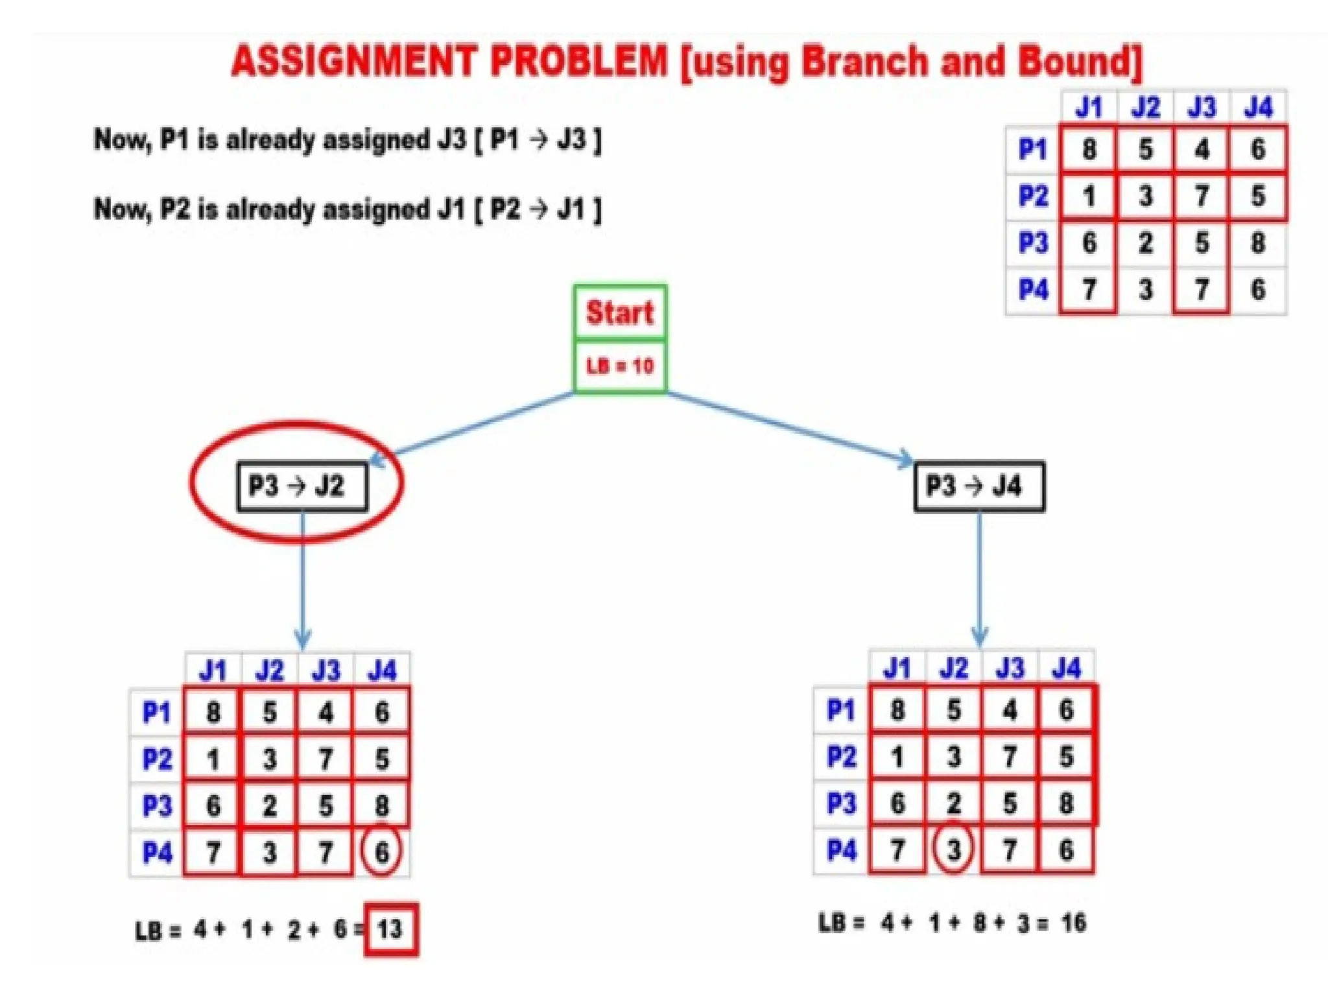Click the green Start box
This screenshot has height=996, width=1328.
coord(620,312)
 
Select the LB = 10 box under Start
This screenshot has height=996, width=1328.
coord(620,366)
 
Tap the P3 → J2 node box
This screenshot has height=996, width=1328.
coord(302,486)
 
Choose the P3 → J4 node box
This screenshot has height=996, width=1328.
coord(979,486)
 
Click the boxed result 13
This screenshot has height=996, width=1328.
coord(390,929)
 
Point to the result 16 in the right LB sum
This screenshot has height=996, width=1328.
coord(1073,922)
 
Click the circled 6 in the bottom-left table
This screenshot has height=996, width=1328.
coord(381,851)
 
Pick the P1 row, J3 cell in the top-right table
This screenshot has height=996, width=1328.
coord(1202,150)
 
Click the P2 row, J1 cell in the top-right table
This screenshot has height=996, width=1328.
coord(1089,196)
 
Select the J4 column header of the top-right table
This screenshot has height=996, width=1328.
coord(1258,108)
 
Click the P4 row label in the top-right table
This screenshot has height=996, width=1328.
coord(1033,289)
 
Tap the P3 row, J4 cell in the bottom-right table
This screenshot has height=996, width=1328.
coord(1066,803)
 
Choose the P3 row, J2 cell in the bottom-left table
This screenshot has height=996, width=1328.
coord(269,805)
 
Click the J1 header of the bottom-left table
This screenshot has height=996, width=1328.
coord(213,670)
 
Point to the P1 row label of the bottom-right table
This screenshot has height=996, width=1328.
coord(841,709)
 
